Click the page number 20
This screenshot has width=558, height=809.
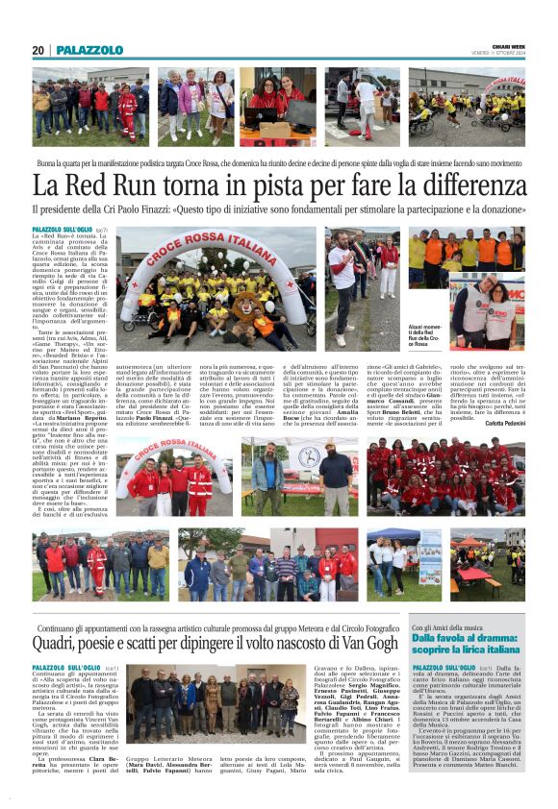pyautogui.click(x=38, y=50)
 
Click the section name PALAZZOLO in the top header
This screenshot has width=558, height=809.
pyautogui.click(x=89, y=50)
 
